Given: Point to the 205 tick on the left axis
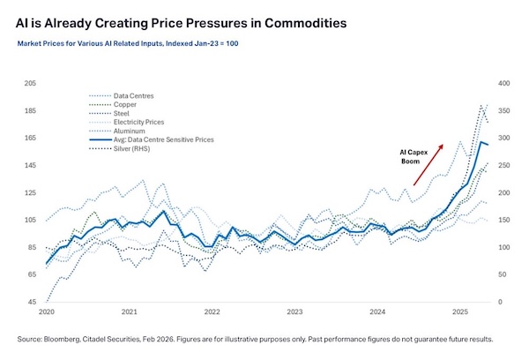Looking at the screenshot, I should point(30,83).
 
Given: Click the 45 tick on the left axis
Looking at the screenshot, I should point(32,303).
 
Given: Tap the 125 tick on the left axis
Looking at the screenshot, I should point(30,192).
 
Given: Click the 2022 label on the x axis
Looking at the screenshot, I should point(212,312).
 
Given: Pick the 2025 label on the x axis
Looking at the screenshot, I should point(460,312).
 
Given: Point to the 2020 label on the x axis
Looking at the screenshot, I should point(47,312).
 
